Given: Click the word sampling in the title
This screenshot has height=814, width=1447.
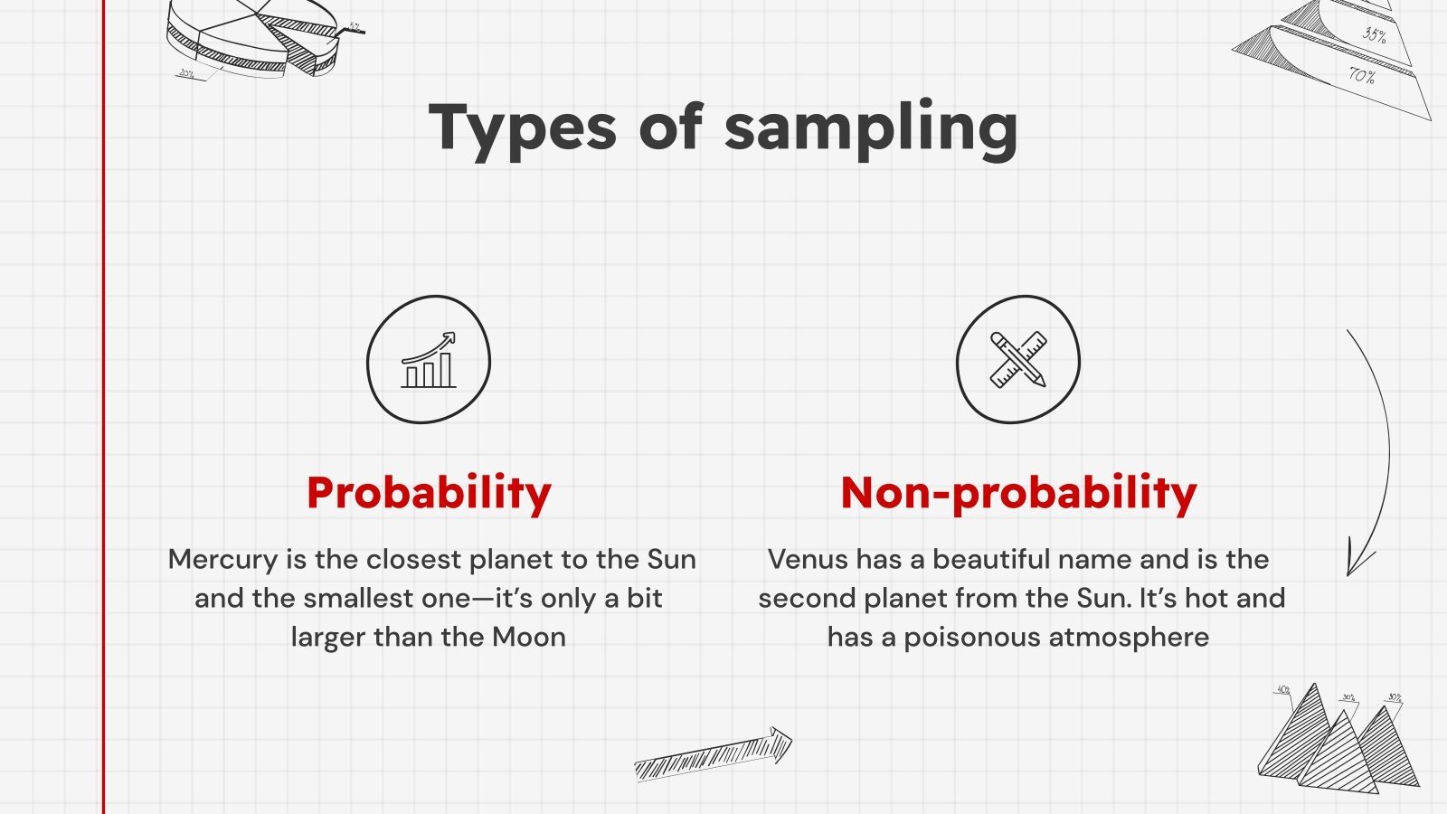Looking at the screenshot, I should (x=871, y=128).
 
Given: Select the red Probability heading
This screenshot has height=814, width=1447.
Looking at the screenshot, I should (x=429, y=493).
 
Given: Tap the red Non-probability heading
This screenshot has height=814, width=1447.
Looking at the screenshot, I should (x=1018, y=493).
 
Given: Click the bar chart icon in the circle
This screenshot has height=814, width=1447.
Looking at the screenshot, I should (x=429, y=360).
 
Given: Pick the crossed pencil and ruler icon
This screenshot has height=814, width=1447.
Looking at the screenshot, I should (x=1018, y=360).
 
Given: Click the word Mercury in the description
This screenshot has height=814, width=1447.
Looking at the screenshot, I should (x=222, y=560).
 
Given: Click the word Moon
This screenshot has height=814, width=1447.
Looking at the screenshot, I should (x=529, y=638).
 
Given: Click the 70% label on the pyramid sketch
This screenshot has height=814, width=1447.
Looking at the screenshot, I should (x=1362, y=75).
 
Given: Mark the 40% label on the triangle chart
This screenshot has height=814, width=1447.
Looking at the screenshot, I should (x=1282, y=689).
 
